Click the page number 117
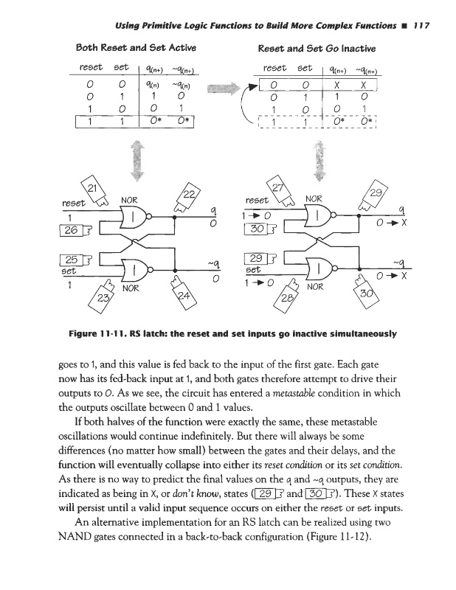click(418, 26)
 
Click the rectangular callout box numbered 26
click(70, 230)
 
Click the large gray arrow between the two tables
click(228, 96)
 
